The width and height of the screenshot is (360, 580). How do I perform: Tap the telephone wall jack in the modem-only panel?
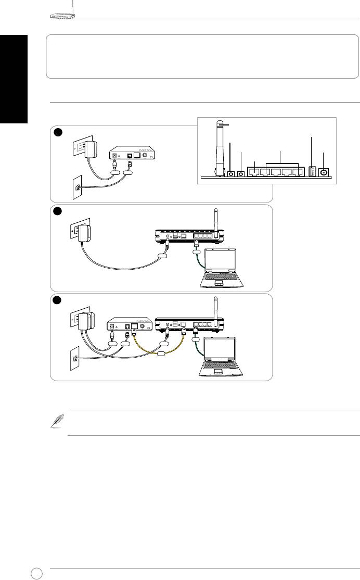click(78, 186)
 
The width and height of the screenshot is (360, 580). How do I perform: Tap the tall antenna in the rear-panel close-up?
click(219, 146)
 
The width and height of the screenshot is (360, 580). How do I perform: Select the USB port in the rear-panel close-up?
click(313, 171)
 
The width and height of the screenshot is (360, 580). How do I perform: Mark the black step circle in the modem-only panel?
click(58, 132)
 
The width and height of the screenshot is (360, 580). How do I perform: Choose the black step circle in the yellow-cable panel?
click(58, 300)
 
